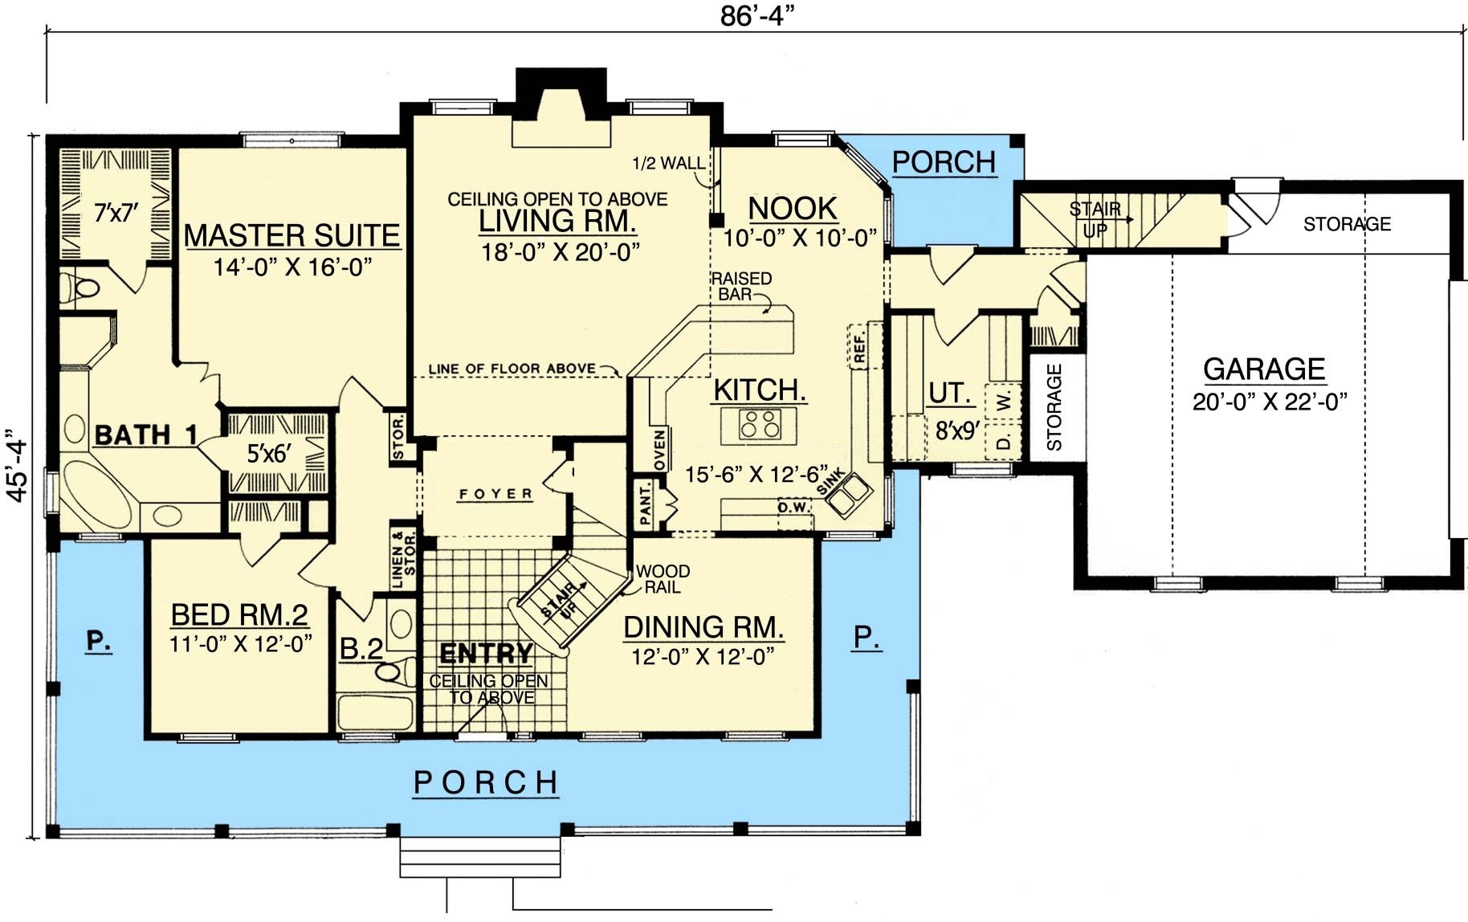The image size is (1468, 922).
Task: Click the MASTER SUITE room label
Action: point(292,235)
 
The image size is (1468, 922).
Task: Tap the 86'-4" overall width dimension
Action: point(757,15)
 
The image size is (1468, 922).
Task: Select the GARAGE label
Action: point(1264,369)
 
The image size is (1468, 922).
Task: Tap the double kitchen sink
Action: point(850,495)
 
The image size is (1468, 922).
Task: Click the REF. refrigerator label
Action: point(858,346)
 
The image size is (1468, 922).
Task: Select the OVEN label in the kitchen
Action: point(660,451)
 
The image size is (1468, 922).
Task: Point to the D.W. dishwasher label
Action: point(794,507)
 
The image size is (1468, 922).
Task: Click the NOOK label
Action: point(793,209)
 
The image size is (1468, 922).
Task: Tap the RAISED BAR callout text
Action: point(741,286)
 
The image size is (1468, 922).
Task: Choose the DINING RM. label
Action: point(703,627)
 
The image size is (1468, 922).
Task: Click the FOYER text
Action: point(495,494)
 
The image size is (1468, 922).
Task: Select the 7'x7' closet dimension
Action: point(116,213)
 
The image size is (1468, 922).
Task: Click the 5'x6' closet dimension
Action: point(268,454)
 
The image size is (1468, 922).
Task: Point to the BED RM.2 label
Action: point(239,615)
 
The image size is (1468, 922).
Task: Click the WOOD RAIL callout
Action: point(663,579)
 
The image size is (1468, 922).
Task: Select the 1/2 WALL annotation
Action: point(668,163)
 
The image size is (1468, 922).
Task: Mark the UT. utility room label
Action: point(950,393)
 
